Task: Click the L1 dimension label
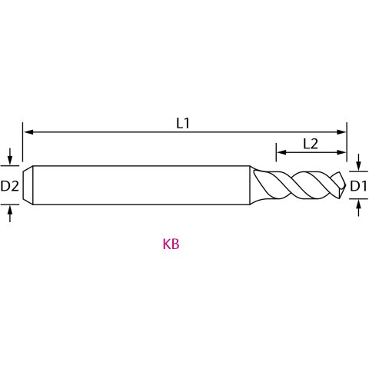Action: pyautogui.click(x=183, y=124)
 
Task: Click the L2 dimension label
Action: pyautogui.click(x=311, y=144)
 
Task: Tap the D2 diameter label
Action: pyautogui.click(x=10, y=186)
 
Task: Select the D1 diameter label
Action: pyautogui.click(x=358, y=186)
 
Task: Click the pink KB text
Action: pyautogui.click(x=171, y=244)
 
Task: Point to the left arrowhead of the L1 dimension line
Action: pyautogui.click(x=28, y=132)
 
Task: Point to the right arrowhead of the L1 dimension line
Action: pyautogui.click(x=341, y=132)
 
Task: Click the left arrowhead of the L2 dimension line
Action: pyautogui.click(x=282, y=152)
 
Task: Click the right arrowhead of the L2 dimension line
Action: pyautogui.click(x=341, y=152)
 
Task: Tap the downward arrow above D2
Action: pyautogui.click(x=10, y=156)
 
